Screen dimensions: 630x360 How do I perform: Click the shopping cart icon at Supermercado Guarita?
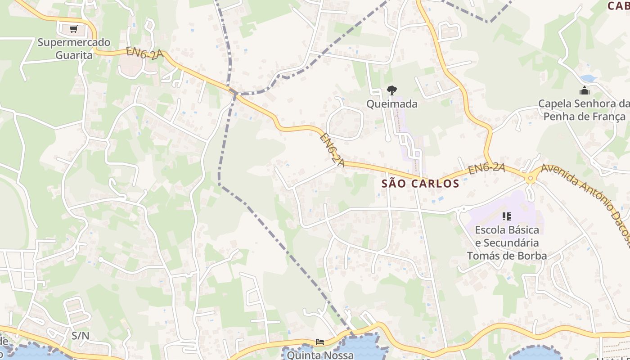pyautogui.click(x=73, y=29)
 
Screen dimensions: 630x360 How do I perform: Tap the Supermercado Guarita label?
pyautogui.click(x=74, y=49)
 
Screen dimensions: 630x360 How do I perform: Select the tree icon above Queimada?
pyautogui.click(x=392, y=90)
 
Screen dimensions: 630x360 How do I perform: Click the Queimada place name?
pyautogui.click(x=392, y=104)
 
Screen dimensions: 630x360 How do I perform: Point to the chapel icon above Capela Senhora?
pyautogui.click(x=585, y=91)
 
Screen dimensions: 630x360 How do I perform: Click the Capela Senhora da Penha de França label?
pyautogui.click(x=585, y=110)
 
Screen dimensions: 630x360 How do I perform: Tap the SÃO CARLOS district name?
pyautogui.click(x=420, y=184)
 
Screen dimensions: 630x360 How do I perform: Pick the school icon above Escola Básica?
pyautogui.click(x=507, y=216)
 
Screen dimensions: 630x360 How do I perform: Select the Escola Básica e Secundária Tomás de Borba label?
pyautogui.click(x=507, y=243)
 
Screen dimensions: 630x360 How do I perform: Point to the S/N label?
pyautogui.click(x=81, y=335)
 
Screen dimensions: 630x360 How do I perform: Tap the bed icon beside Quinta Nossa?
pyautogui.click(x=319, y=342)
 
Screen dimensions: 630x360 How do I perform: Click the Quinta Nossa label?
pyautogui.click(x=320, y=355)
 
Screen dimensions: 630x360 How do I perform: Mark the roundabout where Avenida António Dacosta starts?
pyautogui.click(x=531, y=179)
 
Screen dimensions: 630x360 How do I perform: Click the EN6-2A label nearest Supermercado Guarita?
pyautogui.click(x=144, y=53)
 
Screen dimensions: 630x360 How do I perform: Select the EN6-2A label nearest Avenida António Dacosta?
pyautogui.click(x=486, y=169)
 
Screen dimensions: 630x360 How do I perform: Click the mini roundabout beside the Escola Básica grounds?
pyautogui.click(x=462, y=209)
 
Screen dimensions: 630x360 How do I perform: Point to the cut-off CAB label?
pyautogui.click(x=618, y=6)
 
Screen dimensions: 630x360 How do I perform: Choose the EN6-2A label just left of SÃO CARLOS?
pyautogui.click(x=332, y=150)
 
